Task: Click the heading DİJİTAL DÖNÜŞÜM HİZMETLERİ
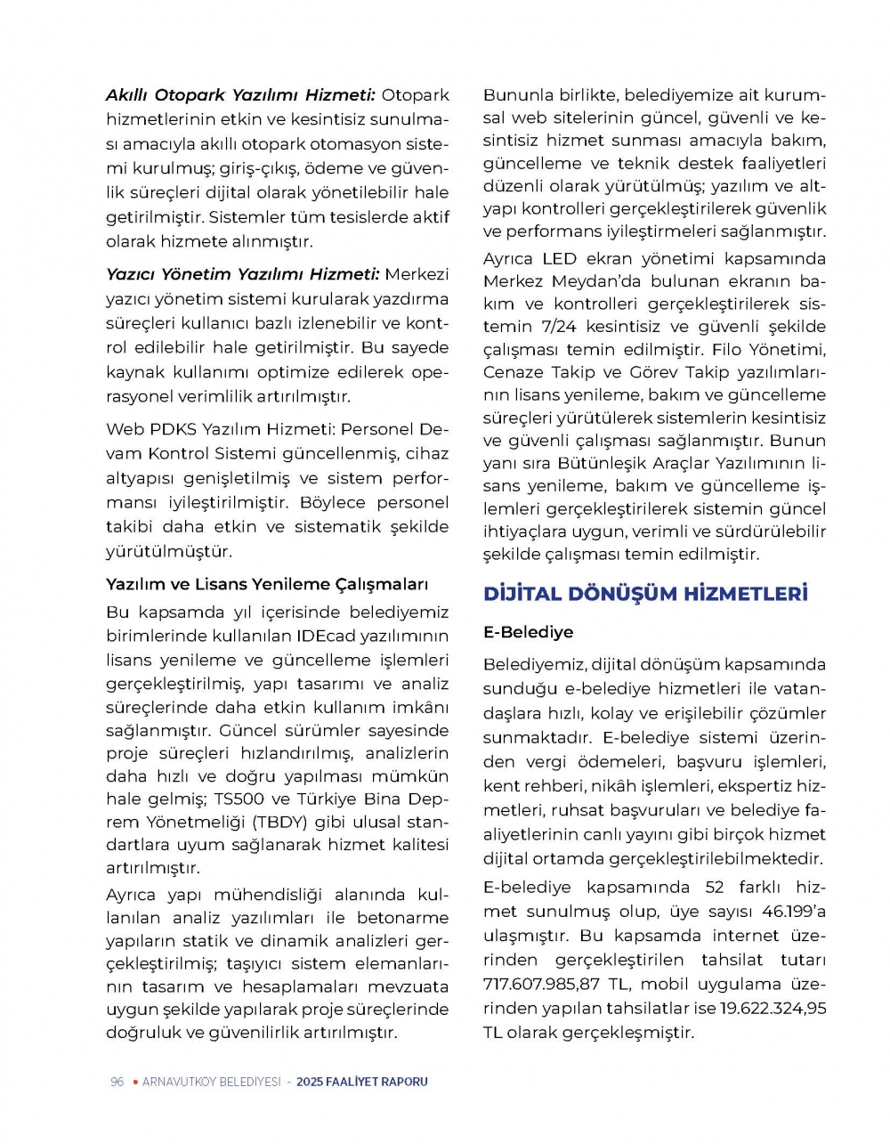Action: click(x=645, y=594)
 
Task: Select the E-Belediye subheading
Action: click(x=528, y=632)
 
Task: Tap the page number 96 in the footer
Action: click(x=117, y=1082)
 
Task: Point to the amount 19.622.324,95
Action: click(x=773, y=1009)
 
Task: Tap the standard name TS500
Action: click(x=239, y=799)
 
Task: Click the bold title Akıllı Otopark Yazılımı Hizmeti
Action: click(x=241, y=95)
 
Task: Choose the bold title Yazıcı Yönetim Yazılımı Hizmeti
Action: click(x=243, y=274)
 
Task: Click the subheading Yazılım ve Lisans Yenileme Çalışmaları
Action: click(x=267, y=585)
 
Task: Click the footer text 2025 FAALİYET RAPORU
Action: click(x=362, y=1082)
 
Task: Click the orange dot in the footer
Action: click(x=134, y=1082)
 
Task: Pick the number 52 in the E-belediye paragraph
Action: click(x=715, y=888)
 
